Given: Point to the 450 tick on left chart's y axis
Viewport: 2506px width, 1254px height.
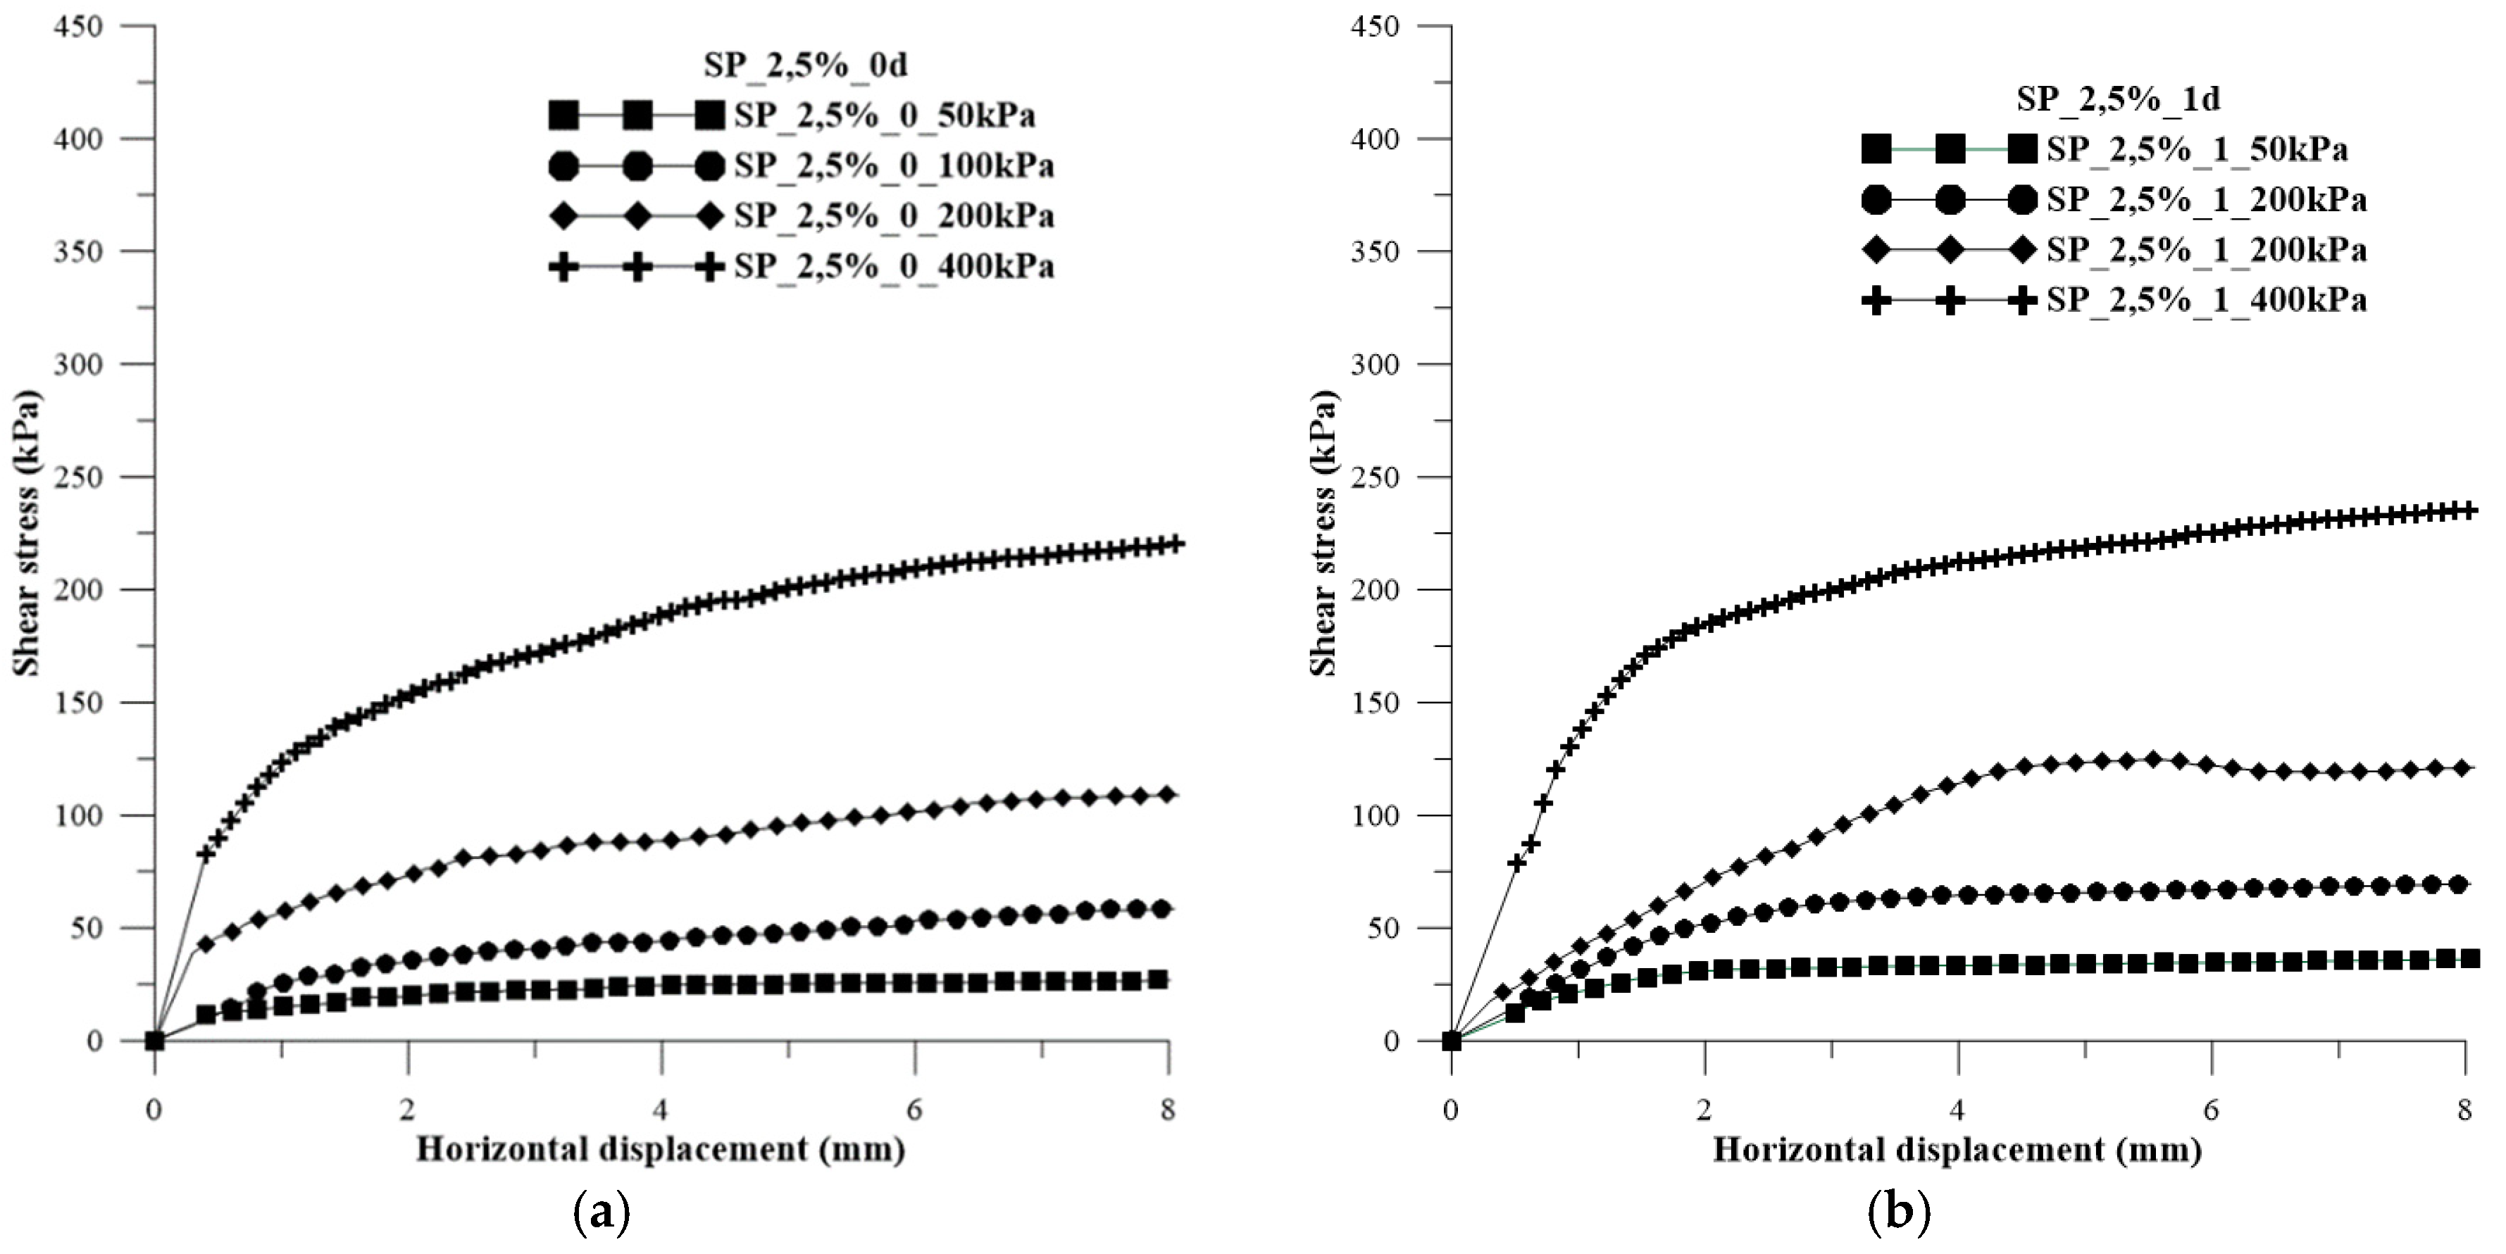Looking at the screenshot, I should [82, 26].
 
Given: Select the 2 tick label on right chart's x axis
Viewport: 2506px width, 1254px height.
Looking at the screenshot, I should [1704, 1110].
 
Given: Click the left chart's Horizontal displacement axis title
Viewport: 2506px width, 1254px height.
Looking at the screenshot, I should [661, 1150].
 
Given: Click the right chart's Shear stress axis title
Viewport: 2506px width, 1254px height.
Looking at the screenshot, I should [1322, 533].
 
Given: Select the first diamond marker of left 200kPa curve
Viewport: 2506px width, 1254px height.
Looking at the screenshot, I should [205, 943].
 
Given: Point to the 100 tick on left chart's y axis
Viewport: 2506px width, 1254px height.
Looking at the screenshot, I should [82, 815].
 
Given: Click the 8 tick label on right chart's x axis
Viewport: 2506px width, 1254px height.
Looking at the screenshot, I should [2464, 1110].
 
